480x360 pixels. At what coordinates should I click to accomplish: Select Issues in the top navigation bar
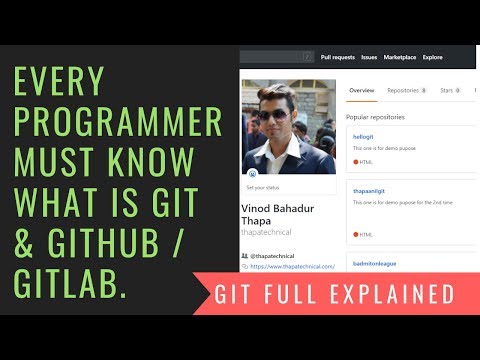coord(369,57)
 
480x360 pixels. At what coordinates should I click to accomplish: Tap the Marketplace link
coord(401,57)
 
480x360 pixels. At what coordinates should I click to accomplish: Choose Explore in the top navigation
coord(433,57)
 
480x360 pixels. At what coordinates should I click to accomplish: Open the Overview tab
coord(361,90)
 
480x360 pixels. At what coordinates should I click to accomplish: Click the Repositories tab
coord(405,90)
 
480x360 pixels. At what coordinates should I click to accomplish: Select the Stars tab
coord(449,90)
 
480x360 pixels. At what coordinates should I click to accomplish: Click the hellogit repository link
coord(363,136)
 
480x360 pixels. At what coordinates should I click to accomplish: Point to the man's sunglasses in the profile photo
coord(273,115)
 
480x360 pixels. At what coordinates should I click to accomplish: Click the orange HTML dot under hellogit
coord(355,161)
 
